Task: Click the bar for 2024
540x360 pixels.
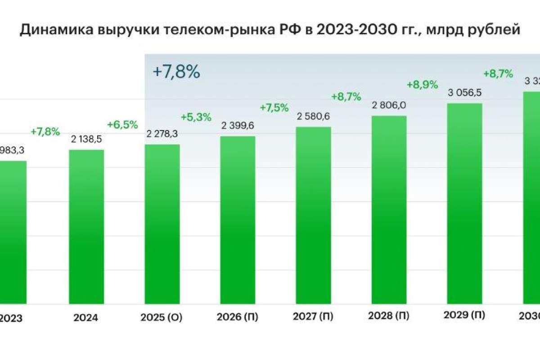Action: (86, 227)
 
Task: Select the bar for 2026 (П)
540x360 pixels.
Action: (238, 220)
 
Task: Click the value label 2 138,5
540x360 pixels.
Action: (86, 140)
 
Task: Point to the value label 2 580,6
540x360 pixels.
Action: (314, 117)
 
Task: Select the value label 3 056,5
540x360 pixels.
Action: (465, 93)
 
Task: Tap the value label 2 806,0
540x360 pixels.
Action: (389, 105)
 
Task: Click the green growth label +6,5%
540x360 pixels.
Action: (122, 125)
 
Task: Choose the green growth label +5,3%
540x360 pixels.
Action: (196, 117)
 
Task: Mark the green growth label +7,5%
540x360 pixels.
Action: (274, 108)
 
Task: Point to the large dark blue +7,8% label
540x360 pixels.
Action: (176, 72)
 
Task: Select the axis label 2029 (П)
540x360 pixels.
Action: (464, 315)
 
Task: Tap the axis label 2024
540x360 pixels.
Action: (86, 318)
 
